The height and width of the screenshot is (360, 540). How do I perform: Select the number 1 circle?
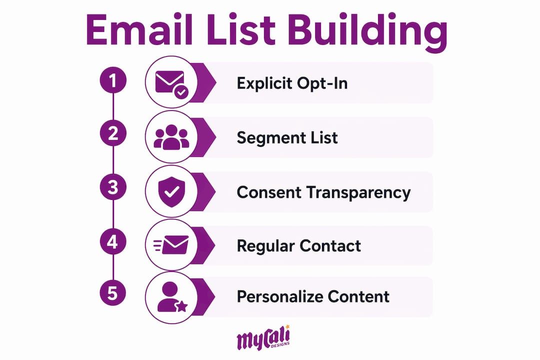(113, 80)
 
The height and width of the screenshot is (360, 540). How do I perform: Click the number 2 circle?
(113, 133)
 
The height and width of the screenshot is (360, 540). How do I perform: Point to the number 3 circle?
(113, 187)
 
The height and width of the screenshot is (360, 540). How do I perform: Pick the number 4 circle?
(113, 241)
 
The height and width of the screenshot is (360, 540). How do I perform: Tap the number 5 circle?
(113, 293)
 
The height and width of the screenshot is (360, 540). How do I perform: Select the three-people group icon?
(171, 137)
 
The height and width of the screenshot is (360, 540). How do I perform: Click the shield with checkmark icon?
(171, 191)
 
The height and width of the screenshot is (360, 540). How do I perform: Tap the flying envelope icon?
(171, 245)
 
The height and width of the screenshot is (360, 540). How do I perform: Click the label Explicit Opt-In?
(292, 83)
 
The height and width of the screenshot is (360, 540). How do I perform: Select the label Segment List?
(287, 138)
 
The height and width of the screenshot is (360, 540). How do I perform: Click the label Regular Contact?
(299, 246)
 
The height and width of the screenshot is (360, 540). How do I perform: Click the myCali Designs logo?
(263, 338)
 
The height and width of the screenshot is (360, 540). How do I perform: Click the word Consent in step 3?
(269, 192)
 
